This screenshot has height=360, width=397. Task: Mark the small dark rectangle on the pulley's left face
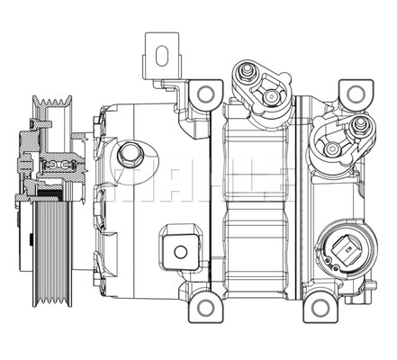[31, 239]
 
